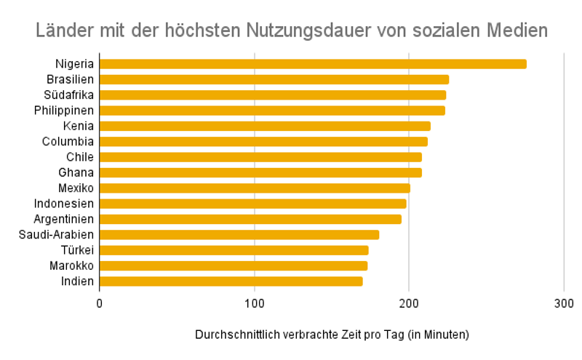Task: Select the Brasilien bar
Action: click(274, 79)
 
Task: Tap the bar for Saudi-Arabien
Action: click(239, 234)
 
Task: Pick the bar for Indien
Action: click(231, 281)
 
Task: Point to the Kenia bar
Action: click(265, 126)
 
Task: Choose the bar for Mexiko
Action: click(255, 188)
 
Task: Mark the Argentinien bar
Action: click(250, 219)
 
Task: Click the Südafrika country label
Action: click(70, 95)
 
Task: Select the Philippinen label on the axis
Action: click(64, 111)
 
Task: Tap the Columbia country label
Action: click(68, 141)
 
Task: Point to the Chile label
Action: click(80, 157)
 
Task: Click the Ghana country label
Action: click(76, 172)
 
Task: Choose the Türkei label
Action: click(77, 250)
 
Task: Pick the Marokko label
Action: click(71, 265)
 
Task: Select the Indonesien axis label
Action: click(64, 204)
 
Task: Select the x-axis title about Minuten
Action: click(332, 335)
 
